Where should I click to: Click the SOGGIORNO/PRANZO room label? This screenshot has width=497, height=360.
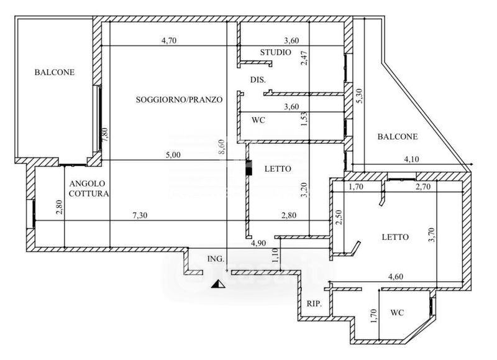pos(179,99)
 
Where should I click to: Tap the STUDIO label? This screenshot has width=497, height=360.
pos(275,52)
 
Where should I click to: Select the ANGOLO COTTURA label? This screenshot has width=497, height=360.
pos(88,188)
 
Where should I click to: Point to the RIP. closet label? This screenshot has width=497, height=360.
pos(314,304)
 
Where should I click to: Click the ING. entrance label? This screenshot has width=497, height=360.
pos(216,259)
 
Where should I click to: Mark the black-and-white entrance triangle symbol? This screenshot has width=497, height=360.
pos(218,284)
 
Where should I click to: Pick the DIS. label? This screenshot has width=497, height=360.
pos(258,80)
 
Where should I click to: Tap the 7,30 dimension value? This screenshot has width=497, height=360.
pos(140,215)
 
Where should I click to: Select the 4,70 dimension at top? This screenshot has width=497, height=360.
pos(168,40)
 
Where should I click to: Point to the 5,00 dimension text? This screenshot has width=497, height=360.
pos(173,155)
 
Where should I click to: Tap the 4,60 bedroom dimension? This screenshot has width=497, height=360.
pos(396,277)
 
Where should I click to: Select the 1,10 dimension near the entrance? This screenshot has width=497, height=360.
pos(275,255)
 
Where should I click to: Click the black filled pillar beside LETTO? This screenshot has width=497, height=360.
pos(249,168)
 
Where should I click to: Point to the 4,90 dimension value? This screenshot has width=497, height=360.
pos(258,243)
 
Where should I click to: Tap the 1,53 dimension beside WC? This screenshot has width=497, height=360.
pos(304,119)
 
